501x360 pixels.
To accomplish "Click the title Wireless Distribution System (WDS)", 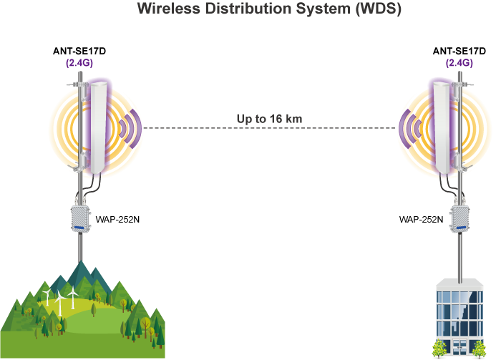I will [269, 10].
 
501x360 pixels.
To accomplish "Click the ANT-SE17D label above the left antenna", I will [80, 51].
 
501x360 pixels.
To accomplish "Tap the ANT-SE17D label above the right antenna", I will [460, 51].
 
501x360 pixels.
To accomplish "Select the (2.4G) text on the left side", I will [79, 63].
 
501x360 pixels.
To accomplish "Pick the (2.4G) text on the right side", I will [459, 63].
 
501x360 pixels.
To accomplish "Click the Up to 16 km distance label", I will [269, 118].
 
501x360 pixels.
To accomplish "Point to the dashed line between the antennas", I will [269, 129].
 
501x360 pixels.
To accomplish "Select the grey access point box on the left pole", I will [79, 218].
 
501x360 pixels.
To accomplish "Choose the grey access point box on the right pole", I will [460, 218].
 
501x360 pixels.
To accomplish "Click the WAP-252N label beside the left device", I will [118, 218].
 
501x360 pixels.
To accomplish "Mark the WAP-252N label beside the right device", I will [421, 218].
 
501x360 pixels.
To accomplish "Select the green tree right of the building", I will [479, 349].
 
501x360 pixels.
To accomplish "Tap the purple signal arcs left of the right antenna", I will [411, 128].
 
